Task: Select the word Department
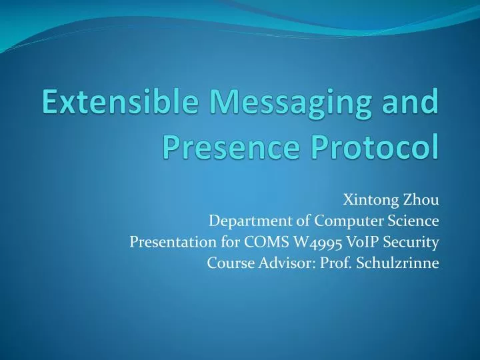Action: pos(242,221)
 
